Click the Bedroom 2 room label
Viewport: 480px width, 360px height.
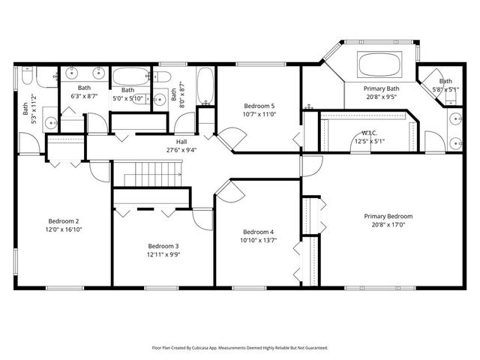[64, 221]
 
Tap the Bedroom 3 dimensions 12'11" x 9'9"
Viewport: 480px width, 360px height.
[163, 254]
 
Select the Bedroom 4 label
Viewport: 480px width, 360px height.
[258, 232]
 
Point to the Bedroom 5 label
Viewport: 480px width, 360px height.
[259, 106]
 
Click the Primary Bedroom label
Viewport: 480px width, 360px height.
[388, 216]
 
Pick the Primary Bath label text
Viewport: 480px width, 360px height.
[382, 88]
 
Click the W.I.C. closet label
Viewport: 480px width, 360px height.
[370, 133]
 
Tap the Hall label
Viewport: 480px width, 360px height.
[181, 142]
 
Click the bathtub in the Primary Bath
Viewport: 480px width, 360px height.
[379, 65]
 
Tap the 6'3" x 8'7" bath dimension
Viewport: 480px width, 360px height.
[84, 96]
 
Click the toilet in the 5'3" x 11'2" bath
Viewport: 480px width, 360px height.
[27, 75]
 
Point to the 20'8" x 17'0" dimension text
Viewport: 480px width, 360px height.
[388, 225]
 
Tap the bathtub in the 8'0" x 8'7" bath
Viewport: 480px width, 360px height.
[205, 86]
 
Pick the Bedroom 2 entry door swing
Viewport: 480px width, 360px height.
[100, 172]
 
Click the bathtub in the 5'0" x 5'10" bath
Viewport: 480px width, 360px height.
[130, 76]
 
